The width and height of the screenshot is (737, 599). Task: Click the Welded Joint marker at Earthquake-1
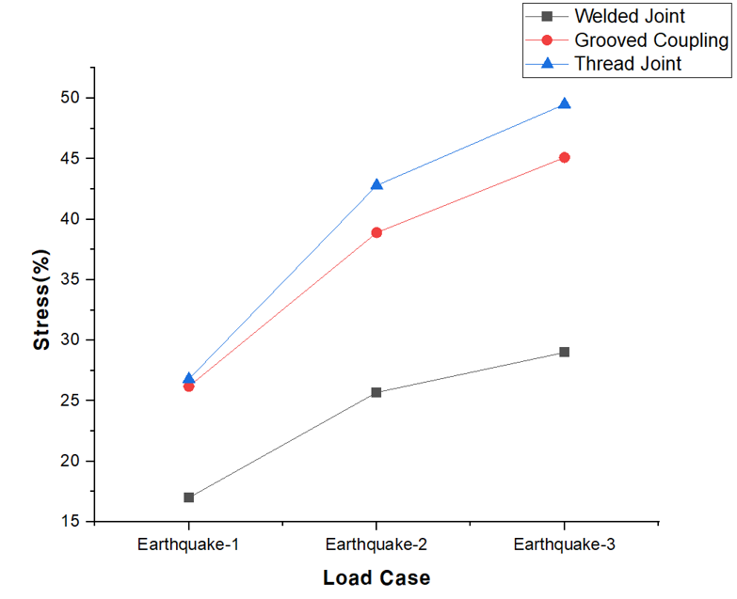pos(189,497)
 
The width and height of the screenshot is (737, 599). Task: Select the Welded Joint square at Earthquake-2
pos(377,392)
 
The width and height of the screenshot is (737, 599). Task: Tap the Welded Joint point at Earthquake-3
pos(564,352)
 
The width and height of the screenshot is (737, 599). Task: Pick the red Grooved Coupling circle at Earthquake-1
pos(189,386)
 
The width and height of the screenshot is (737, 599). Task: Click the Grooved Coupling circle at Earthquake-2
pos(377,232)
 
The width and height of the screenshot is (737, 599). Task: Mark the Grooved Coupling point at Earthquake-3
pos(564,157)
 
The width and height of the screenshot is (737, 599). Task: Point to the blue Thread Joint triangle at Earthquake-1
pos(189,378)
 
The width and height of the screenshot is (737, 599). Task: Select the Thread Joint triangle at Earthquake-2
pos(377,184)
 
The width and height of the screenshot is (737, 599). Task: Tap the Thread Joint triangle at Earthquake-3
pos(564,103)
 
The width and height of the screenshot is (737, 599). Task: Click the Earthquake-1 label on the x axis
pos(188,544)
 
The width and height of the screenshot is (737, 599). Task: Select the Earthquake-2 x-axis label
pos(377,544)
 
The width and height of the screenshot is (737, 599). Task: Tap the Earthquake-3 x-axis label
pos(564,544)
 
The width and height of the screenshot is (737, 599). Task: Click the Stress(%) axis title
pos(41,300)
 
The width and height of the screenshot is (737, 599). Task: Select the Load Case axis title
pos(377,577)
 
